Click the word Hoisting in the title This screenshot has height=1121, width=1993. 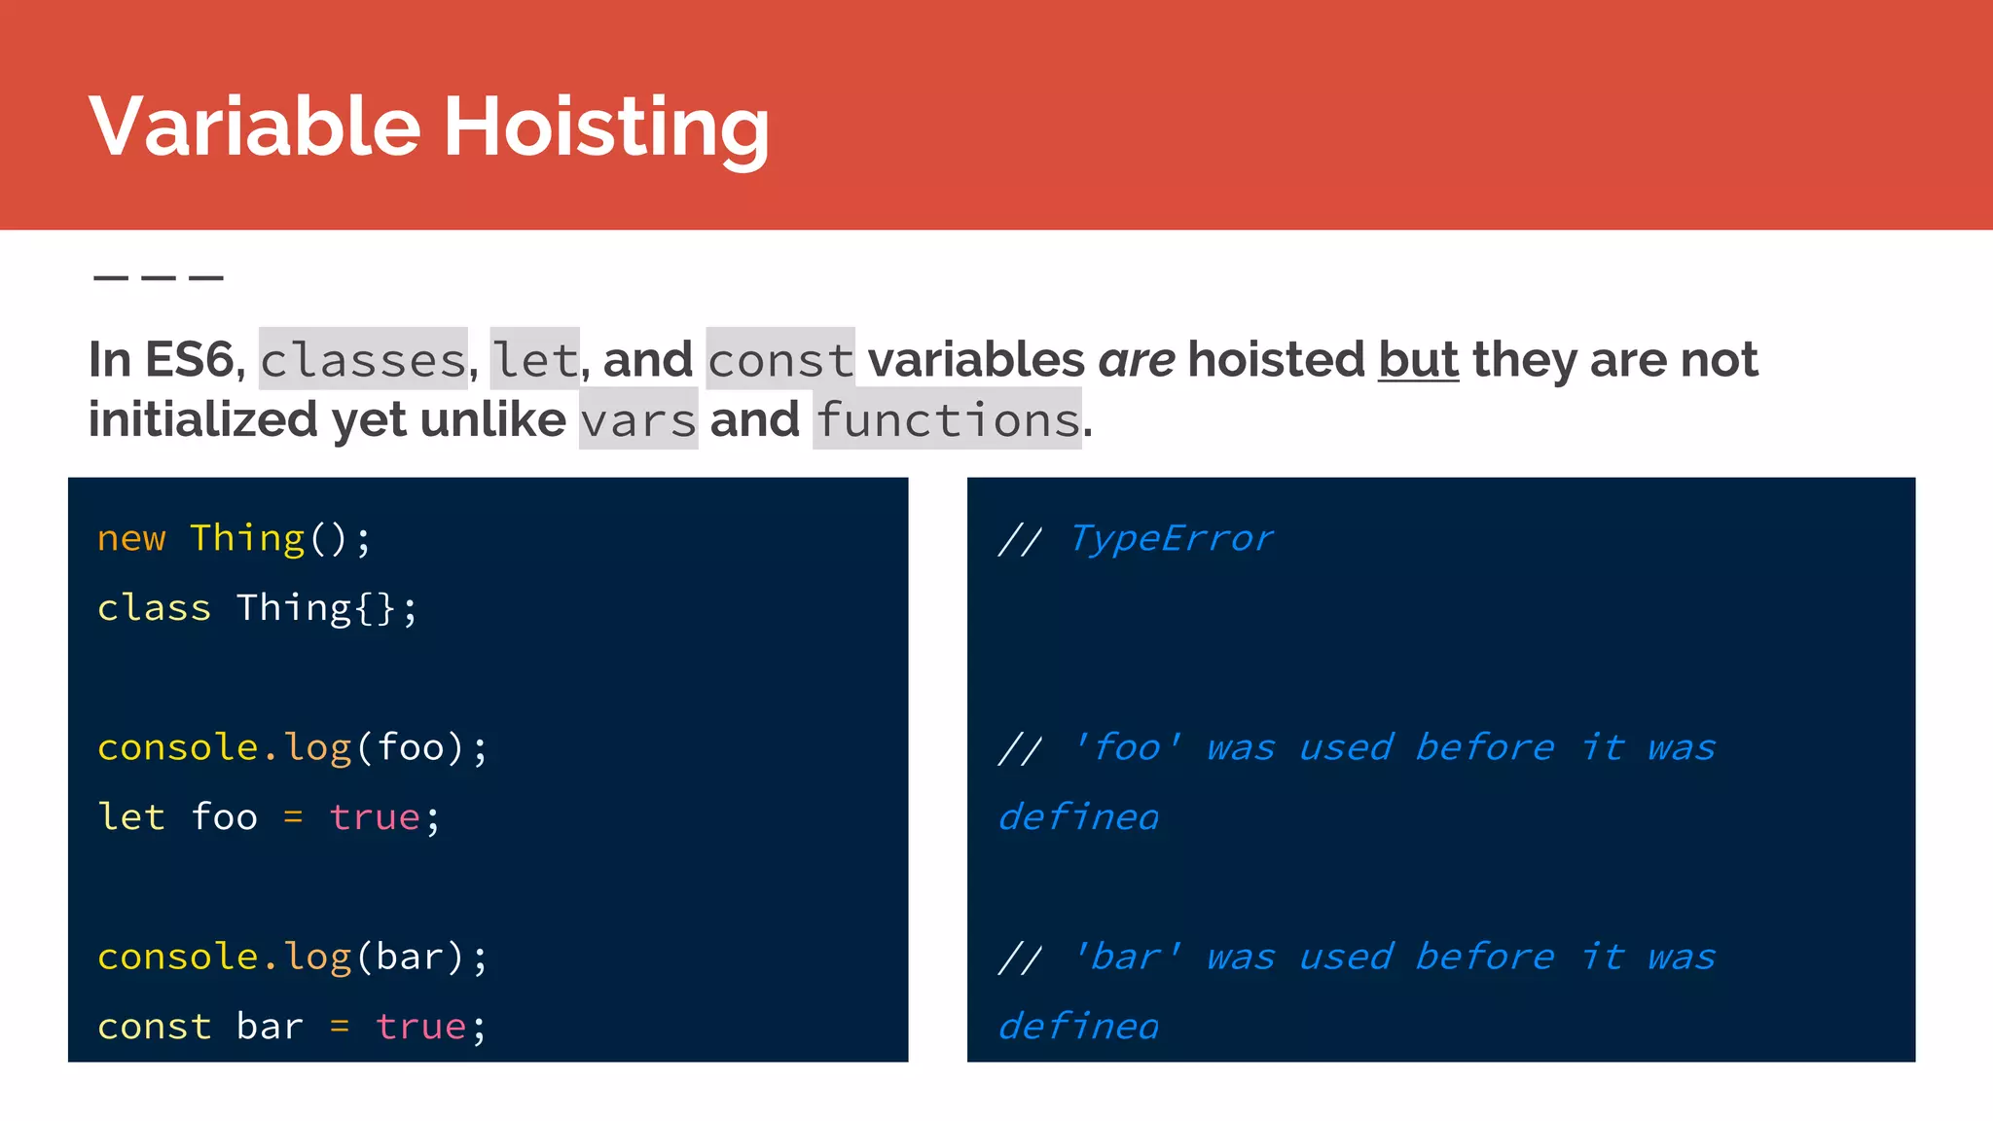[606, 127]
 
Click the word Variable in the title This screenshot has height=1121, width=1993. [255, 127]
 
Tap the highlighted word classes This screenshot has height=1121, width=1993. [363, 360]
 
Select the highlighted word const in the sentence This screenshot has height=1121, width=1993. [780, 360]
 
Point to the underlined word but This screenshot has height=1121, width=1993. [1418, 360]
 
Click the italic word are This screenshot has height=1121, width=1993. [1137, 360]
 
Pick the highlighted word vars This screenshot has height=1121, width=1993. [638, 420]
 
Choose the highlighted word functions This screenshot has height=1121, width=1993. [947, 420]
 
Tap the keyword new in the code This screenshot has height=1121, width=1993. [131, 538]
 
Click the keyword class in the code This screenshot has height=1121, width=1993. [154, 608]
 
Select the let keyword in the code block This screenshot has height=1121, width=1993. [131, 817]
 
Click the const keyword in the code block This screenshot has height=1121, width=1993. [154, 1027]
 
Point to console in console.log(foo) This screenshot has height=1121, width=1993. [178, 747]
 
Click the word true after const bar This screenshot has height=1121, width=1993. [420, 1027]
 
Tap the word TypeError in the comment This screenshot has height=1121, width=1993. [1171, 538]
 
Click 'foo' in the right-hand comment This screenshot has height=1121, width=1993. [1127, 747]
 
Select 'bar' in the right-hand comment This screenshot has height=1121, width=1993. [1127, 957]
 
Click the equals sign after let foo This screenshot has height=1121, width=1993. [293, 817]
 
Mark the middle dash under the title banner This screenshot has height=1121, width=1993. [159, 278]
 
